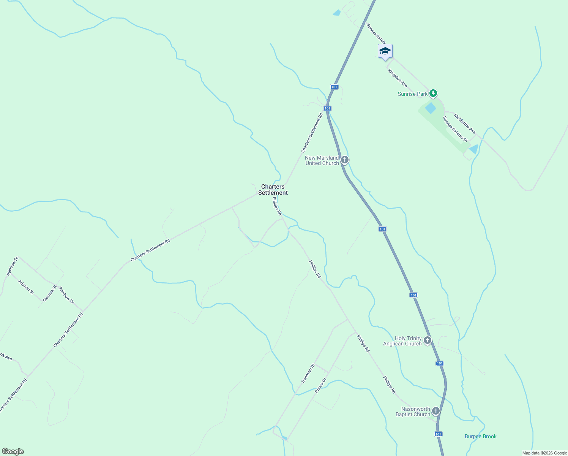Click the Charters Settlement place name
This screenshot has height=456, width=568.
point(273,190)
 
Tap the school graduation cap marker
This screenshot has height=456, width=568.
point(385,51)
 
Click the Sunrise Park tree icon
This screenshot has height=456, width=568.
point(433,93)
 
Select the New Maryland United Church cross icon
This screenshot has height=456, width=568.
point(344,160)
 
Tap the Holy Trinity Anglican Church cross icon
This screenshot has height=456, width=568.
point(428,340)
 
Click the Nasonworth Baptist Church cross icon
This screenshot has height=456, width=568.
point(436,411)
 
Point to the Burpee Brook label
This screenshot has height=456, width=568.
point(480,436)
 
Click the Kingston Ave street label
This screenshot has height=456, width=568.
point(398,78)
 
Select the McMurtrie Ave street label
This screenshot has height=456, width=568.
point(465,123)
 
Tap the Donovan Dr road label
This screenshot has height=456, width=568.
point(308,373)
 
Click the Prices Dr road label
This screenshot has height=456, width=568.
point(320,385)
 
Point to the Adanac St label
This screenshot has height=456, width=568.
point(26,287)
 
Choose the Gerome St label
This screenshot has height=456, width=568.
point(49,293)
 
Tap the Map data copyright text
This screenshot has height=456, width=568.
point(544,453)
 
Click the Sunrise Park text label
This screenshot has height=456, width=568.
point(412,94)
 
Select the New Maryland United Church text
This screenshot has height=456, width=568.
point(322,160)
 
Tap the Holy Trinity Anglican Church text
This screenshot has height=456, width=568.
point(402,341)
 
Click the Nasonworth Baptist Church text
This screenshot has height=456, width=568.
point(413,412)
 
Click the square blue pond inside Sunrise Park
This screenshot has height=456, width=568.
point(431,108)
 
